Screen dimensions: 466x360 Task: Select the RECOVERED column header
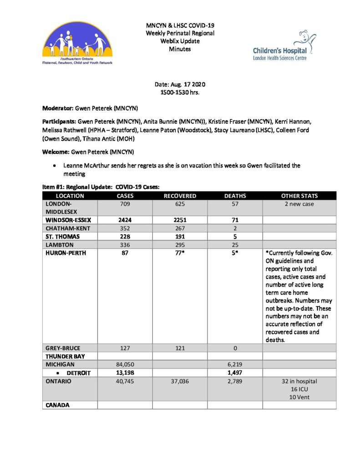click(180, 196)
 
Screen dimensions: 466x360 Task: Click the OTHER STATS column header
click(299, 196)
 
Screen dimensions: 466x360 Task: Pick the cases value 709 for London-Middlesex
click(124, 204)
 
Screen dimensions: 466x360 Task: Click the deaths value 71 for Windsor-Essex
click(235, 220)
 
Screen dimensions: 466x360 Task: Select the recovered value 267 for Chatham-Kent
click(180, 228)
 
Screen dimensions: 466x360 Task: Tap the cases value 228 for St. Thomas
click(124, 237)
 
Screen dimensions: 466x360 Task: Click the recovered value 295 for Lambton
click(180, 245)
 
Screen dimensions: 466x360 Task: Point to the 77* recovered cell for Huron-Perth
click(180, 253)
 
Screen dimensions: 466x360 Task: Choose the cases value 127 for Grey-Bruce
click(124, 348)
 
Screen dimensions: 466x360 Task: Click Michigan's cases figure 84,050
click(124, 365)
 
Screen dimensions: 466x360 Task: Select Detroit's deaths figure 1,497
click(235, 373)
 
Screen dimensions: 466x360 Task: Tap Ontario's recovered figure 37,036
click(180, 381)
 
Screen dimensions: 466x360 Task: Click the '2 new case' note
click(299, 204)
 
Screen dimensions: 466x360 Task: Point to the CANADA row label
click(57, 405)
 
